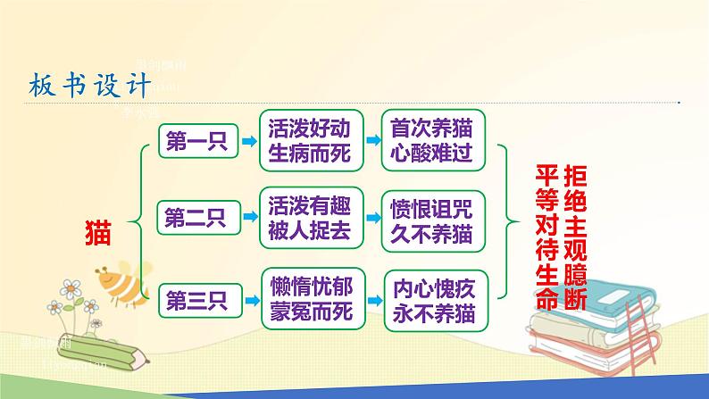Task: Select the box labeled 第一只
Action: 194,141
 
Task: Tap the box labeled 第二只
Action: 194,216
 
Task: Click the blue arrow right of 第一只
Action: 243,140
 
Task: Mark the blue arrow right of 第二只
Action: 243,216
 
